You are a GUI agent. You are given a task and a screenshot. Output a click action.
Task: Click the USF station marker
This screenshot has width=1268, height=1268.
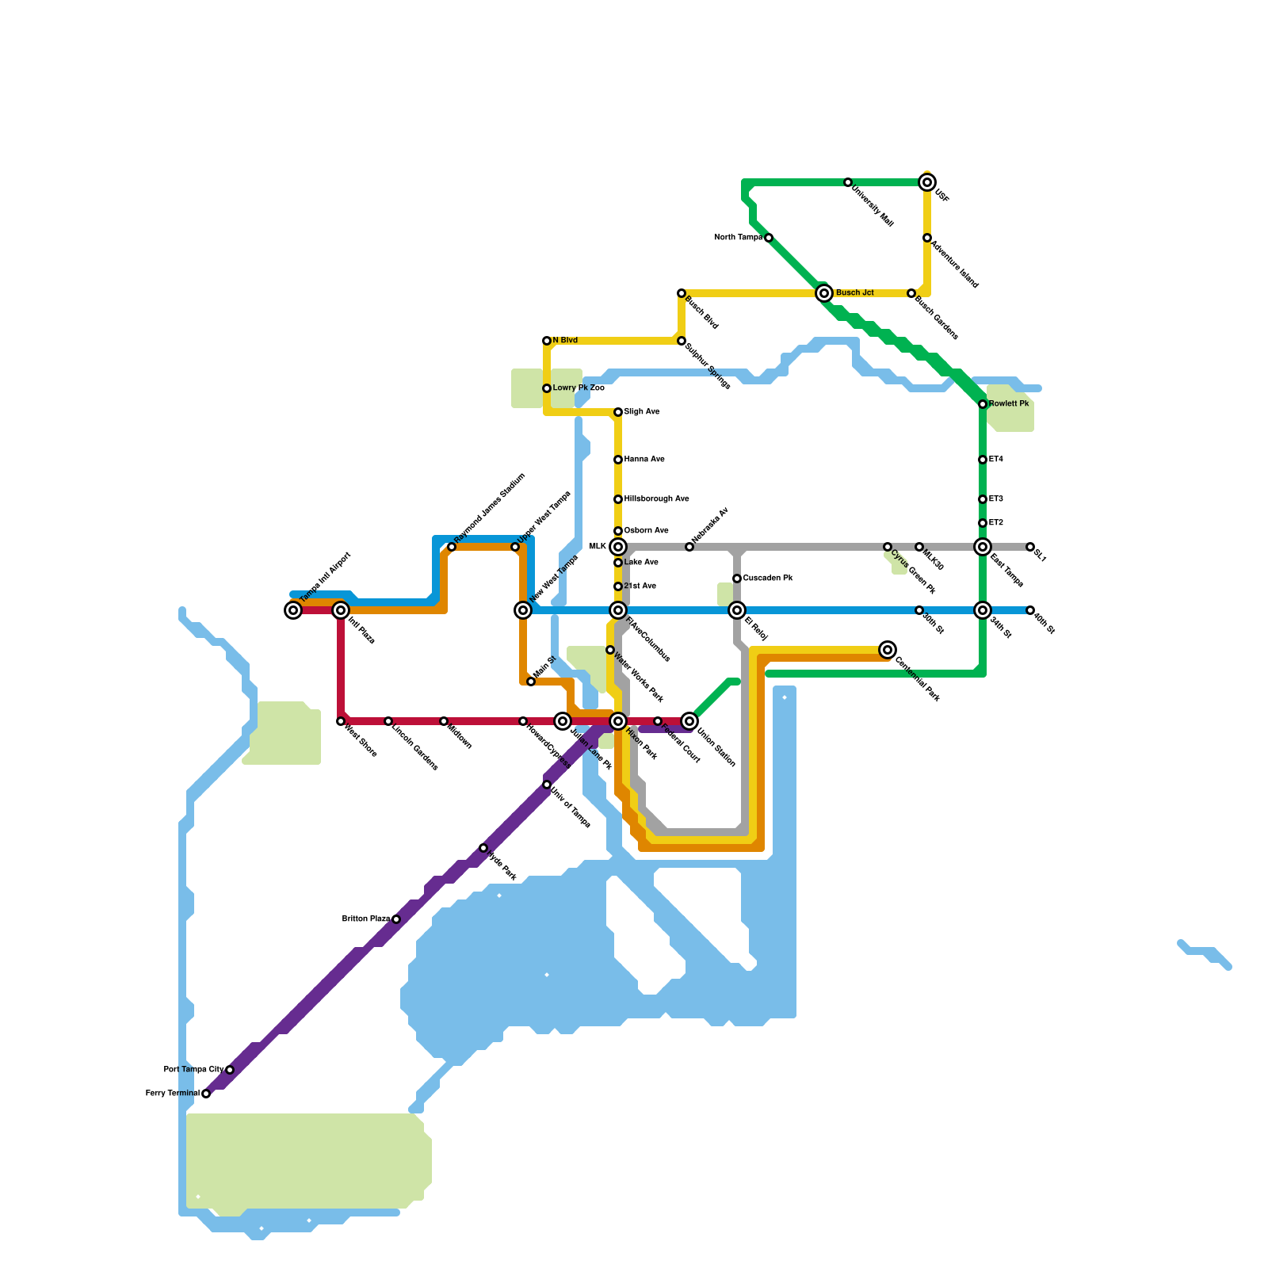pyautogui.click(x=927, y=182)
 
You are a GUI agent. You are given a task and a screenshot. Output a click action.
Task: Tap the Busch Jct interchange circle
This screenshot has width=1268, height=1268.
pyautogui.click(x=824, y=293)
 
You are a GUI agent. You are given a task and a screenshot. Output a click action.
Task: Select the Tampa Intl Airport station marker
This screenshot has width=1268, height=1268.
pyautogui.click(x=293, y=610)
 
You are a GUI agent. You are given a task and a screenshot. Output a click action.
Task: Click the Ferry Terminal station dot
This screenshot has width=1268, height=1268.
pyautogui.click(x=206, y=1094)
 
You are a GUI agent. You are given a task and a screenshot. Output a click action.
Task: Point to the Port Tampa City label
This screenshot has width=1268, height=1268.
pyautogui.click(x=193, y=1070)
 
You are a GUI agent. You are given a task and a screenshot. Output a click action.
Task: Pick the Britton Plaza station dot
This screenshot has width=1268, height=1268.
pyautogui.click(x=396, y=919)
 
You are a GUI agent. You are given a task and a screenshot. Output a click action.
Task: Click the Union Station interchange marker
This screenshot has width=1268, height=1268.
pyautogui.click(x=689, y=721)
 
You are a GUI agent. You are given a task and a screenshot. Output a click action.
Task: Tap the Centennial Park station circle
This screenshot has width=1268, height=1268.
pyautogui.click(x=888, y=650)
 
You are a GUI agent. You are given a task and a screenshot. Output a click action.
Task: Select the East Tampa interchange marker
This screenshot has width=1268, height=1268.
pyautogui.click(x=983, y=547)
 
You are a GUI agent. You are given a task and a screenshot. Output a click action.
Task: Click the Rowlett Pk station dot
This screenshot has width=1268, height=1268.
pyautogui.click(x=983, y=404)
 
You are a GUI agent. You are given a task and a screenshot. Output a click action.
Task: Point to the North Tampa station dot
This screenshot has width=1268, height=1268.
pyautogui.click(x=769, y=238)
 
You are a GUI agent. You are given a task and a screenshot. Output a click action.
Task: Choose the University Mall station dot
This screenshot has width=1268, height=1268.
pyautogui.click(x=848, y=182)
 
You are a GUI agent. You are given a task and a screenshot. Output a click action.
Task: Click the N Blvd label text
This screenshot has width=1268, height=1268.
pyautogui.click(x=565, y=341)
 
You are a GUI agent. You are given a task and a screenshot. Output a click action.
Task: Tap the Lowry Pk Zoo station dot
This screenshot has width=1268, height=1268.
pyautogui.click(x=547, y=388)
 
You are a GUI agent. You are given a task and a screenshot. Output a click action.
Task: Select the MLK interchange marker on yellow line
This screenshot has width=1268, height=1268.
pyautogui.click(x=618, y=547)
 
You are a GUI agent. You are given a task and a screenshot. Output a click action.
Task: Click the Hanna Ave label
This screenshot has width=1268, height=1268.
pyautogui.click(x=644, y=460)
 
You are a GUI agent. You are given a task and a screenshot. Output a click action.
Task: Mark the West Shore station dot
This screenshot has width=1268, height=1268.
pyautogui.click(x=341, y=721)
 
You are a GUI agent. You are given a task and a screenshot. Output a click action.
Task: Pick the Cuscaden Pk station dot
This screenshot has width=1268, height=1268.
pyautogui.click(x=737, y=579)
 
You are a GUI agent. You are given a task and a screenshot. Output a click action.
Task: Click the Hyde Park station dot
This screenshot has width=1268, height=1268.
pyautogui.click(x=483, y=848)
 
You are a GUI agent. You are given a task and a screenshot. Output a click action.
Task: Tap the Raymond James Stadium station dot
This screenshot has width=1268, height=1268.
pyautogui.click(x=452, y=547)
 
